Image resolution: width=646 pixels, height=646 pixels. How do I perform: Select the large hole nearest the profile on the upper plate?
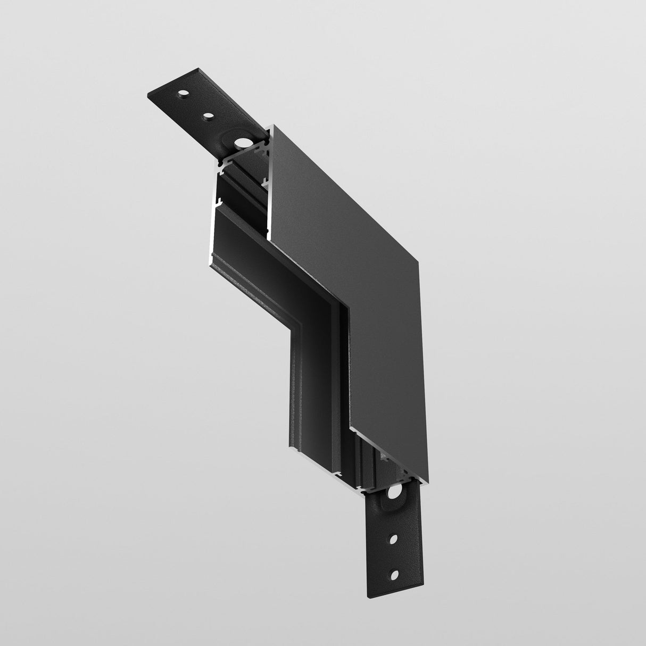[243, 142]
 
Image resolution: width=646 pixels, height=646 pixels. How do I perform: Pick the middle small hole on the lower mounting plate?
[393, 539]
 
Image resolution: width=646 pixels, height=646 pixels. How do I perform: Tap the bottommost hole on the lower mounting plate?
[394, 575]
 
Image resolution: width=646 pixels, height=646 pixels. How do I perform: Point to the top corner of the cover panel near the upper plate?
[272, 126]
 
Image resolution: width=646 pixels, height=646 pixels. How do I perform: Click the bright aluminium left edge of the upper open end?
[216, 213]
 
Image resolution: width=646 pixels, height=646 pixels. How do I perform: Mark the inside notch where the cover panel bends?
[346, 309]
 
